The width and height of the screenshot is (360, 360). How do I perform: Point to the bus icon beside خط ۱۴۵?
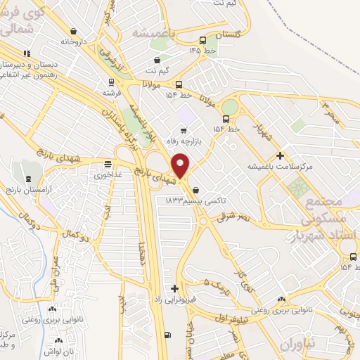click(202, 40)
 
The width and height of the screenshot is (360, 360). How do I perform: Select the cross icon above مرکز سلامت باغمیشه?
click(280, 155)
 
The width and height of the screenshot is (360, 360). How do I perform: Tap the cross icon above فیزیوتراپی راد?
click(174, 288)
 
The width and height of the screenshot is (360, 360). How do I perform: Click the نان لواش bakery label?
click(63, 349)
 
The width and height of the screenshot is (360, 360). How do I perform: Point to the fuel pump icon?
click(166, 335)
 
